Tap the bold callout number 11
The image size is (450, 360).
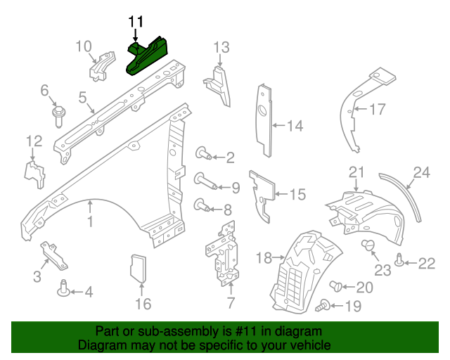[x=135, y=22]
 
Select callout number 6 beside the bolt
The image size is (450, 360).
[x=44, y=90]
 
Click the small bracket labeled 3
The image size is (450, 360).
[x=53, y=255]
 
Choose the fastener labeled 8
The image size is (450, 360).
[x=202, y=206]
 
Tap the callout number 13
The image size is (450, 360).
[x=221, y=48]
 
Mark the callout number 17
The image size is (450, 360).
[x=378, y=109]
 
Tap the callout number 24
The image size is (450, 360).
[x=421, y=172]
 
